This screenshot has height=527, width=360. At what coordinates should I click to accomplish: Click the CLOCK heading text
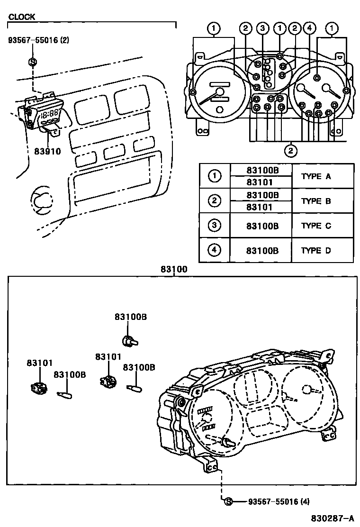point(21,17)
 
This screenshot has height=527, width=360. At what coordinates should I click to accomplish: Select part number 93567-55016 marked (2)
point(38,40)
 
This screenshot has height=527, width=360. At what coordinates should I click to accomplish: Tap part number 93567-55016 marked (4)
point(278,501)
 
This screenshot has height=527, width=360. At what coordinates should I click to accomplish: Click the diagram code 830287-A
point(332,518)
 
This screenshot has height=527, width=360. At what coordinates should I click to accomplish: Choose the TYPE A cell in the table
point(316,176)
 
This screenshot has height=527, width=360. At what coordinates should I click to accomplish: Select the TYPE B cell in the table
point(316,201)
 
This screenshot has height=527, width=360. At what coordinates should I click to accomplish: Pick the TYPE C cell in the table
point(316,226)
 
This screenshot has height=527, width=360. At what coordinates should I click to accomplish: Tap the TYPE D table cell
point(316,251)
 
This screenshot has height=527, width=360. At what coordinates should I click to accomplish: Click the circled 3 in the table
point(215,226)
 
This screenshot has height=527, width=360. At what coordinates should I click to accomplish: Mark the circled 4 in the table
point(215,250)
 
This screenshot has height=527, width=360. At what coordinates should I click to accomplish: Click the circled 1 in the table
point(215,176)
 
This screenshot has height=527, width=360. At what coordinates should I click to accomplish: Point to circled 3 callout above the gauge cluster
point(263,29)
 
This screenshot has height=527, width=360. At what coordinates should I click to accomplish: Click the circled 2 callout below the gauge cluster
point(290,151)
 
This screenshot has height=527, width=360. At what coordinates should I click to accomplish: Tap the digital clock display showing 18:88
point(50,114)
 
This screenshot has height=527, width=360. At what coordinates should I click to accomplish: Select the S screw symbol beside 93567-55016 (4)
point(228,501)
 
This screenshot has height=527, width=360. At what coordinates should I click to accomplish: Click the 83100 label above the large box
point(174,269)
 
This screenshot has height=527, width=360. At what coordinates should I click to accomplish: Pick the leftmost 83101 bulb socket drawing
point(37,388)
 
